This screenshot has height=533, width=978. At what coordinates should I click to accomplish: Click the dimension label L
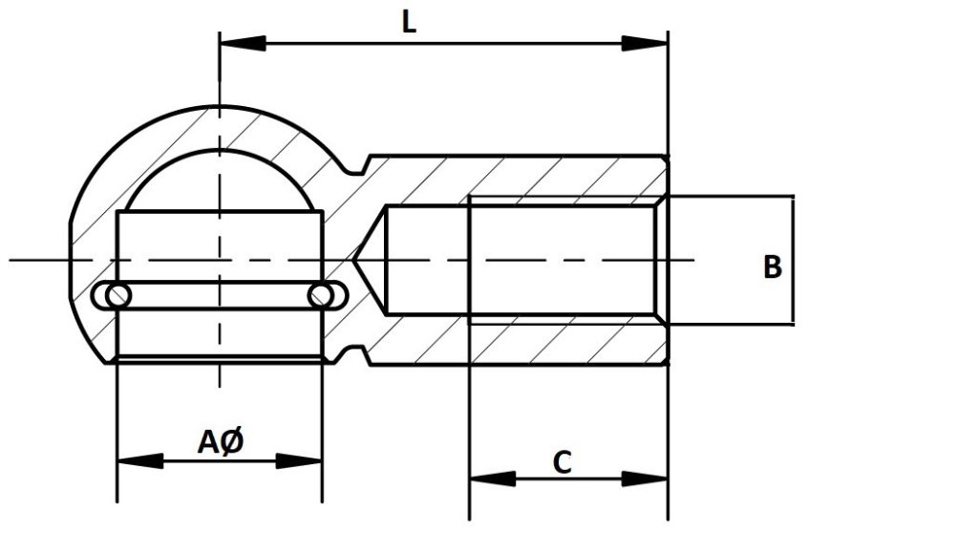tap(409, 23)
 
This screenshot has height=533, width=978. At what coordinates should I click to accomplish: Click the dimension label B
tap(773, 267)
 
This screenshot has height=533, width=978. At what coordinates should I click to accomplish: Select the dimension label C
tap(563, 463)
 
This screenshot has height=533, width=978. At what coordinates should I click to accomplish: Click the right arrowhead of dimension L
tap(645, 43)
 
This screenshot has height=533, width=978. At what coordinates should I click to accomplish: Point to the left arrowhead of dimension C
tap(492, 478)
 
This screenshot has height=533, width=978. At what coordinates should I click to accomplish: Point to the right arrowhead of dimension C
tap(645, 478)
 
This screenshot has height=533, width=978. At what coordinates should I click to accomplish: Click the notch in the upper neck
tap(355, 165)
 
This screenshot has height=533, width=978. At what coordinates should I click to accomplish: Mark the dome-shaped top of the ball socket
tap(220, 177)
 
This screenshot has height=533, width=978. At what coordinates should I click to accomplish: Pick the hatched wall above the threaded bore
tap(563, 177)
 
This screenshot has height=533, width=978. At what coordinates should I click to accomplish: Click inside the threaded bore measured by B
tap(563, 259)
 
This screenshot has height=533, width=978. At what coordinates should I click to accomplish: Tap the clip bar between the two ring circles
tap(219, 296)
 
